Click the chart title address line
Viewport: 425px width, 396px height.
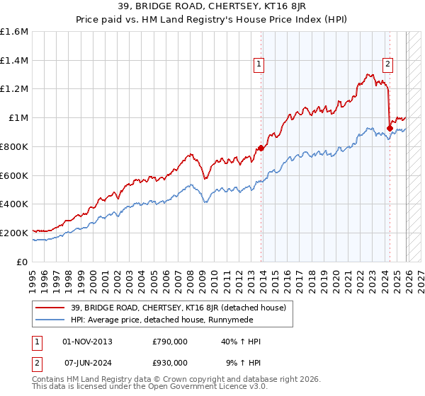212,6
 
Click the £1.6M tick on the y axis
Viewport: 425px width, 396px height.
14,32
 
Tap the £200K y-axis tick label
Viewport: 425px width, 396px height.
14,233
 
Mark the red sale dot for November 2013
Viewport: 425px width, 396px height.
261,148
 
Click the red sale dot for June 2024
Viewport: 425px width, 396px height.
390,128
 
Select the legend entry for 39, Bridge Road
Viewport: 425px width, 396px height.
176,308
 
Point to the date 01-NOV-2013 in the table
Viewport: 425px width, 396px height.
88,342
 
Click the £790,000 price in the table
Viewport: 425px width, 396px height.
170,342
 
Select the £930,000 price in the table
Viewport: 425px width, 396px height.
170,362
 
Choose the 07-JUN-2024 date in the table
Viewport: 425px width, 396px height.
88,362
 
